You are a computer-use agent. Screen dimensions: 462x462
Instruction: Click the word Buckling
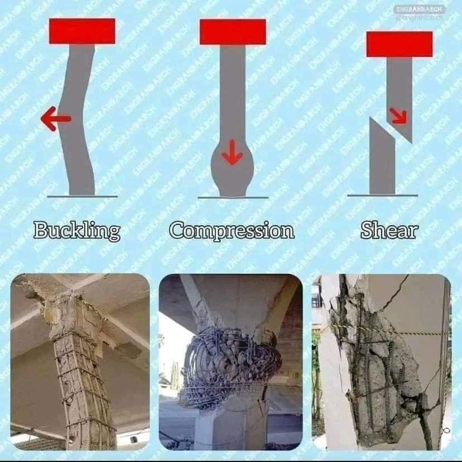coord(77,230)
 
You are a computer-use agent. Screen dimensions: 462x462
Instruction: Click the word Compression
coord(232,230)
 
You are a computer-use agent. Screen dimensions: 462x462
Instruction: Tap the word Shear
coord(389,230)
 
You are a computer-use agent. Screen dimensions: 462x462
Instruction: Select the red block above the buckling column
coord(82,31)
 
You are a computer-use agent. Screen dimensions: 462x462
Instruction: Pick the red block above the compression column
coord(233,32)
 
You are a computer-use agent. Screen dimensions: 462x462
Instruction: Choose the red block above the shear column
coord(400,44)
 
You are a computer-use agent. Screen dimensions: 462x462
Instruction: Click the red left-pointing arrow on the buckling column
coord(56,118)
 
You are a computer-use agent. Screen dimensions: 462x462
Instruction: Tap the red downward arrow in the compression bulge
coord(233,152)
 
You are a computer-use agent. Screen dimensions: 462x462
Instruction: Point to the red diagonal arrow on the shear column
coord(398,116)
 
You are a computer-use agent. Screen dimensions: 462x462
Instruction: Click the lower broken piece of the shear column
coord(382,159)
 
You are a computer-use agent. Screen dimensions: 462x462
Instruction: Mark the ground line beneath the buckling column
coord(83,196)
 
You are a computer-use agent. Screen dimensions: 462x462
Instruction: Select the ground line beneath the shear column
coord(383,196)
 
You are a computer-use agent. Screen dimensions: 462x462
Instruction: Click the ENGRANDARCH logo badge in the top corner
coord(420,9)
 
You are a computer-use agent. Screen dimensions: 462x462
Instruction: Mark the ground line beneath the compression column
coord(233,197)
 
